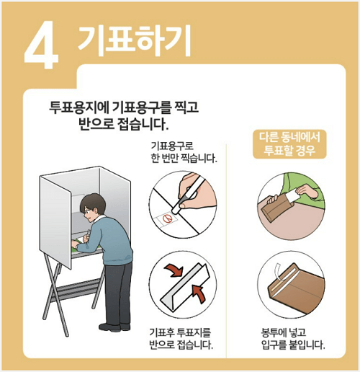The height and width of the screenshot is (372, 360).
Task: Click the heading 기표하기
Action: point(135,41)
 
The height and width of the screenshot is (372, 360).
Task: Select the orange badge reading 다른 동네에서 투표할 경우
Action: point(291,144)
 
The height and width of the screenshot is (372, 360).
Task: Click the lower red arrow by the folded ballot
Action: point(200,293)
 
